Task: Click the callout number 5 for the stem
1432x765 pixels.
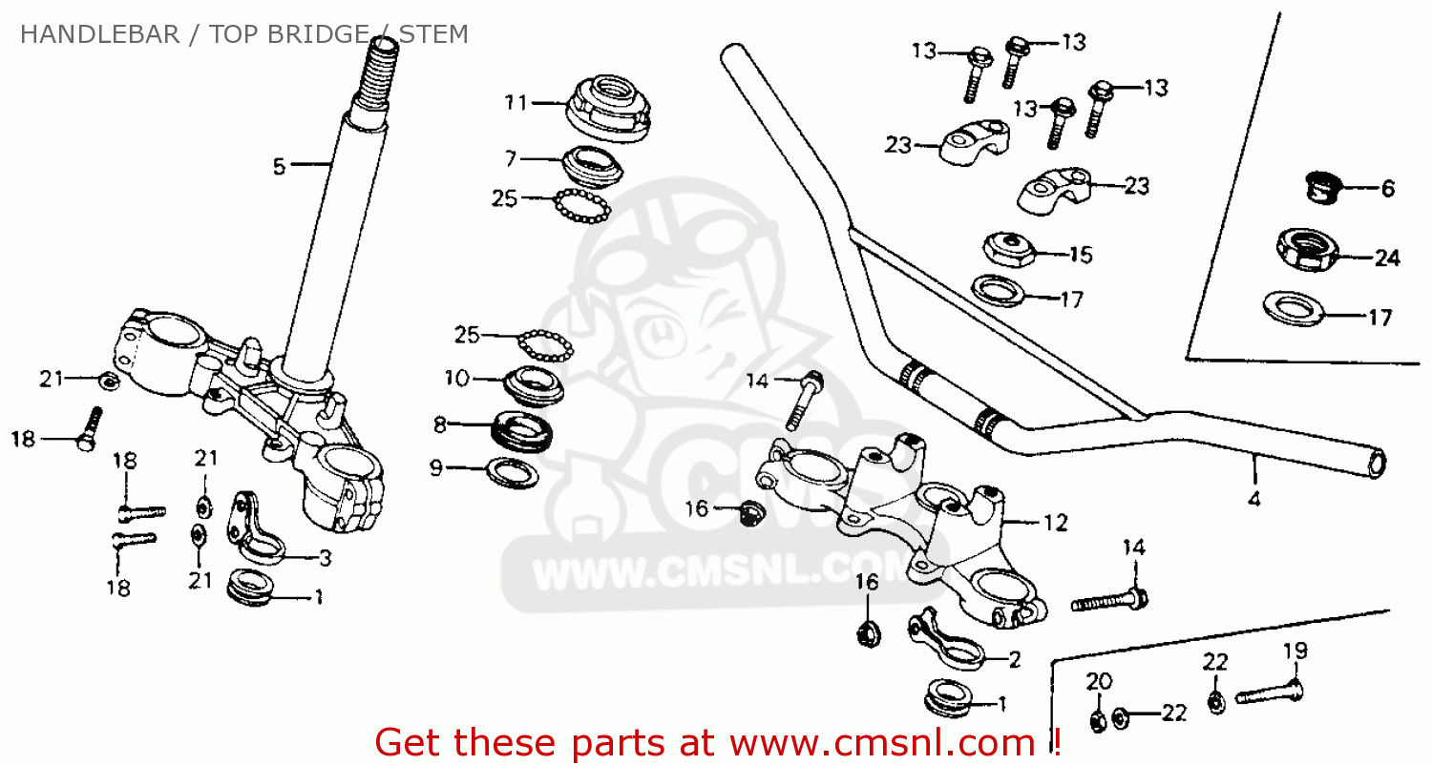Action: tap(279, 166)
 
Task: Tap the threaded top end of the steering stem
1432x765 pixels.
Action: tap(376, 72)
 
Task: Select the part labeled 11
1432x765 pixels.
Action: tap(609, 108)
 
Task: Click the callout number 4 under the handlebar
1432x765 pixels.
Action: tap(1254, 497)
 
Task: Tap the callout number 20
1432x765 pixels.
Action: tap(1099, 681)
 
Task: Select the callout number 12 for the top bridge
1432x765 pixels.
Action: tap(1055, 523)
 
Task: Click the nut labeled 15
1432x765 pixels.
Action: tap(1009, 249)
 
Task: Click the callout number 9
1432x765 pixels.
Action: tap(435, 467)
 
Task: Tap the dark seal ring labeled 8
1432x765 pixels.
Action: tap(520, 429)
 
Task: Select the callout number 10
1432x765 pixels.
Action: tap(457, 379)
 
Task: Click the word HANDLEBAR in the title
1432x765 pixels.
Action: tap(99, 35)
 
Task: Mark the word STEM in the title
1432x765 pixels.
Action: tap(433, 35)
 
